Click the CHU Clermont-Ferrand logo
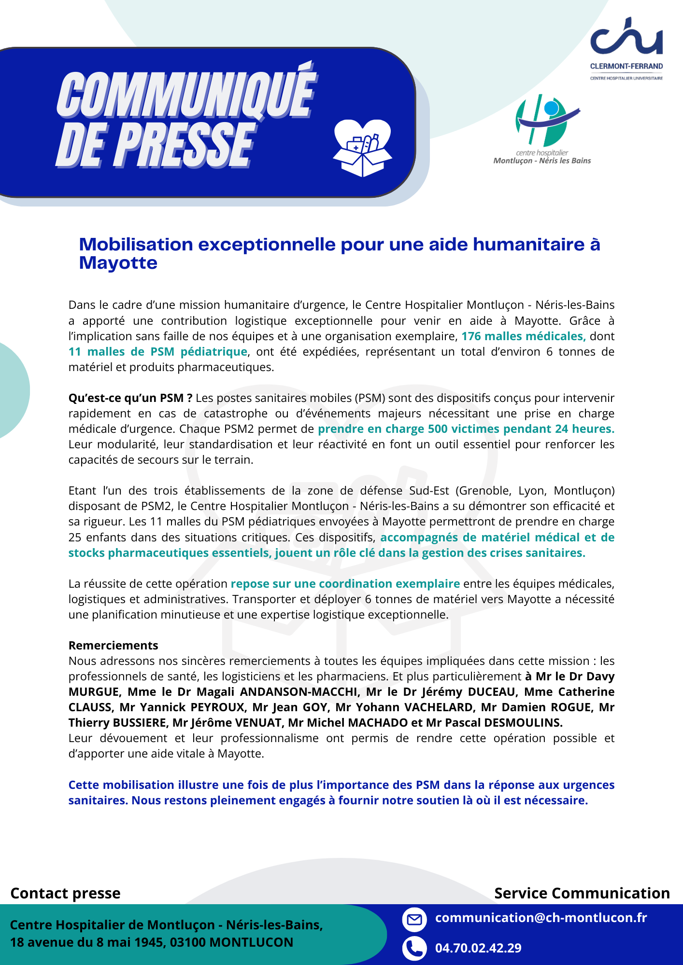tap(626, 48)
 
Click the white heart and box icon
tap(362, 148)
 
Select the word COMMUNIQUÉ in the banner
tap(186, 94)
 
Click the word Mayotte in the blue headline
tap(118, 263)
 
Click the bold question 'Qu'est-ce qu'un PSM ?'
tap(130, 398)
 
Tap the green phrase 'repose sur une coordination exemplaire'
tap(345, 584)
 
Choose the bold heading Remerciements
tap(114, 646)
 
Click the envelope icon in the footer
tap(414, 920)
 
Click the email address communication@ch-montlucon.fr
tap(541, 918)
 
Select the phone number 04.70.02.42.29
tap(478, 948)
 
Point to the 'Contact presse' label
tap(65, 894)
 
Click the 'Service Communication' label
tap(582, 894)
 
